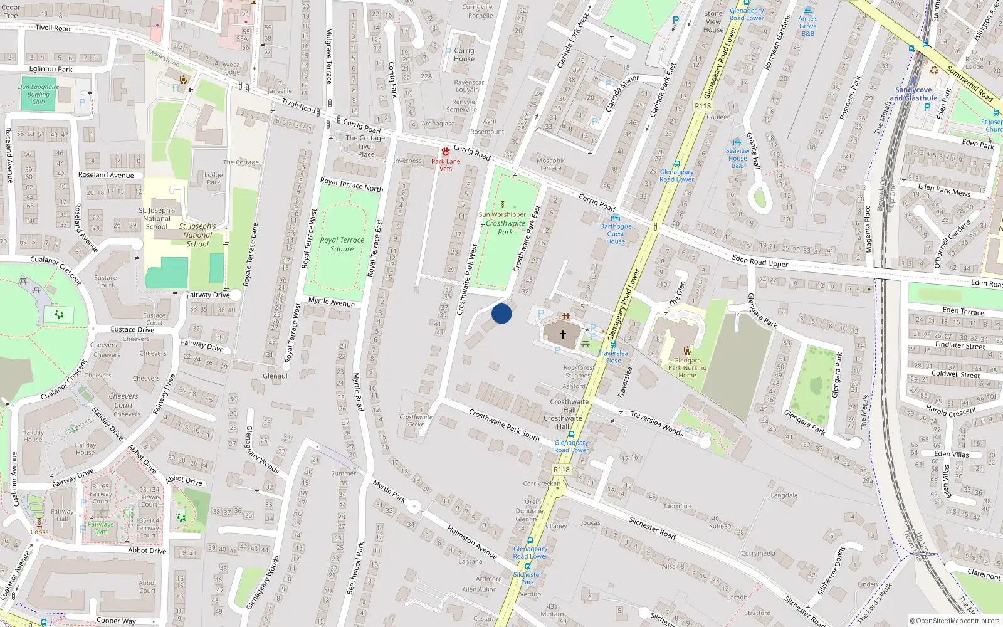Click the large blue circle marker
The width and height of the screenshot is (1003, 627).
tap(501, 313)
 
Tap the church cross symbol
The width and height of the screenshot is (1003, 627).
tap(562, 335)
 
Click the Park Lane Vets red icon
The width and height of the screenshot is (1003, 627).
tap(446, 152)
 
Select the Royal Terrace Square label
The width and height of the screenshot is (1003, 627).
tap(342, 245)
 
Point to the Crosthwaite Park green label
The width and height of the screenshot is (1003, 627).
tap(505, 228)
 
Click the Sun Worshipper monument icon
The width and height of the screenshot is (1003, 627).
tap(502, 205)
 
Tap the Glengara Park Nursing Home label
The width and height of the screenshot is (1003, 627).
tap(687, 368)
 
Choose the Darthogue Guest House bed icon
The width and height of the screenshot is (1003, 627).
tap(615, 218)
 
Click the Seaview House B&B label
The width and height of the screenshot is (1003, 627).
tap(738, 158)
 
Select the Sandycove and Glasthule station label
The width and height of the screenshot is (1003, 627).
tap(913, 94)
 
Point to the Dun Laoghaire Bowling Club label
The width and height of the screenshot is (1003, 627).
tap(38, 94)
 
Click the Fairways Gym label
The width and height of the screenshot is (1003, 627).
tap(101, 528)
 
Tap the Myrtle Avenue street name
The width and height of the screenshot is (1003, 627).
tap(331, 302)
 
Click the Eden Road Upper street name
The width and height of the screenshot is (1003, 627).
tap(760, 261)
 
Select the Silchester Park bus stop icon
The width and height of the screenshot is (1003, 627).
tap(527, 566)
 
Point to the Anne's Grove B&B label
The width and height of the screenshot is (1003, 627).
tap(807, 26)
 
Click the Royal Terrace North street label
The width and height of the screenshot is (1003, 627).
tap(351, 184)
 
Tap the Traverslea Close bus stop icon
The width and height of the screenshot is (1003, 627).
tap(612, 345)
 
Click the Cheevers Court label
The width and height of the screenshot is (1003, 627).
tap(123, 401)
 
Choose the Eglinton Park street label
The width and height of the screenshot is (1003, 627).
tap(51, 69)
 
